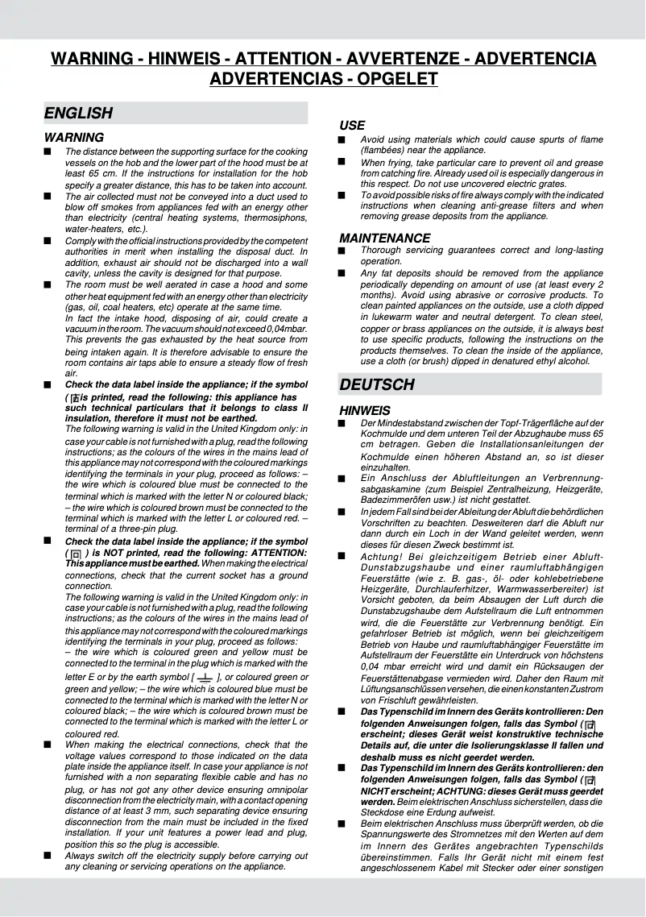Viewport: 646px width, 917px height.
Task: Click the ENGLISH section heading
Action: (x=78, y=113)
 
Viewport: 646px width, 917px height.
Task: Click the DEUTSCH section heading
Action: (x=377, y=384)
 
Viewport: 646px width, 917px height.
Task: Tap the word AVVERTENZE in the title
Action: (x=401, y=59)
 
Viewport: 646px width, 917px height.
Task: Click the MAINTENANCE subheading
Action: (x=384, y=238)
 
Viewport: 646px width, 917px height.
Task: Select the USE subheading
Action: (x=352, y=126)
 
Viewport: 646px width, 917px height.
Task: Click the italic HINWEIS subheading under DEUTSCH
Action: (x=364, y=411)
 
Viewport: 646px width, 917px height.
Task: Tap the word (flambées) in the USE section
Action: (x=385, y=150)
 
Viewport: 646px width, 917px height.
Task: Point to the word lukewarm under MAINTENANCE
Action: (x=387, y=317)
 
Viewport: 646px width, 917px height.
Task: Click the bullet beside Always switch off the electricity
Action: (x=48, y=856)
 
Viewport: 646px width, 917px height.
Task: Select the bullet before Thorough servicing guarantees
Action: (x=343, y=251)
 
